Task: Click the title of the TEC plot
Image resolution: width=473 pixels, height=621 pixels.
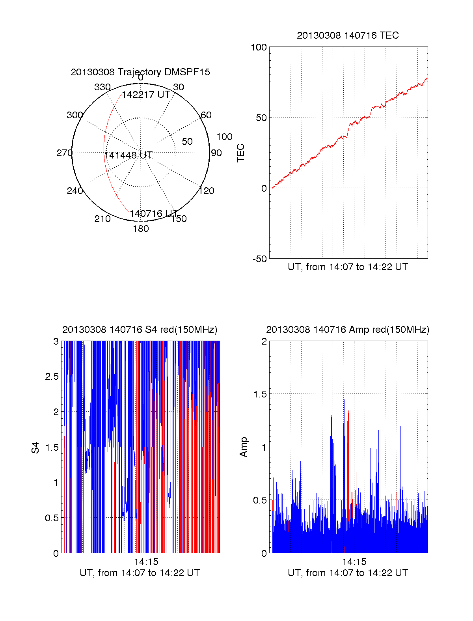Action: pos(348,35)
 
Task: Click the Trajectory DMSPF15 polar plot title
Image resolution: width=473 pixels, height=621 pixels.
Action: pos(140,72)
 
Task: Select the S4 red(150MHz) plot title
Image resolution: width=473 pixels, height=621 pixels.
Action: pos(140,330)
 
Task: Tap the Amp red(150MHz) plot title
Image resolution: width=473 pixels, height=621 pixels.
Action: pos(348,330)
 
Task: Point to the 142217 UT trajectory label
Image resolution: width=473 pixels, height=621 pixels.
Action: pos(146,95)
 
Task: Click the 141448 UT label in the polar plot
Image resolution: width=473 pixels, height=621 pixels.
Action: pos(128,155)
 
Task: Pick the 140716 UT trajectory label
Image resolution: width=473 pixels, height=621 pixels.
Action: pos(154,214)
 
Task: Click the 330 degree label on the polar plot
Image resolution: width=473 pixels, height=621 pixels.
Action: pos(102,87)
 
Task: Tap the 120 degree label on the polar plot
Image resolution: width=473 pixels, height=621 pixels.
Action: pos(207,191)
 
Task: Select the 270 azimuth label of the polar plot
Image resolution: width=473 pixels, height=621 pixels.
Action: pos(65,153)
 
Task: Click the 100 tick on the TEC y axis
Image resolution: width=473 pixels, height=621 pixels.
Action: pos(259,47)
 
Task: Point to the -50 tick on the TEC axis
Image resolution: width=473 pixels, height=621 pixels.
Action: pos(260,259)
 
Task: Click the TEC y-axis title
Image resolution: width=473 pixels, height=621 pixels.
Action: pos(241,153)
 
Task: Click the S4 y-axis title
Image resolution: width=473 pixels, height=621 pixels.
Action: pos(36,448)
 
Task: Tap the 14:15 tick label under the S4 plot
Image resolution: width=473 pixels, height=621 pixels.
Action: pos(146,562)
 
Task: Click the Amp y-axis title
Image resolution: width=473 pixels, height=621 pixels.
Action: pos(244,447)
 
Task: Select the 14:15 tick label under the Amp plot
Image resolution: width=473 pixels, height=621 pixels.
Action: pos(354,562)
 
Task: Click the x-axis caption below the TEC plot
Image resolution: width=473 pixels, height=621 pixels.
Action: pos(348,267)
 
